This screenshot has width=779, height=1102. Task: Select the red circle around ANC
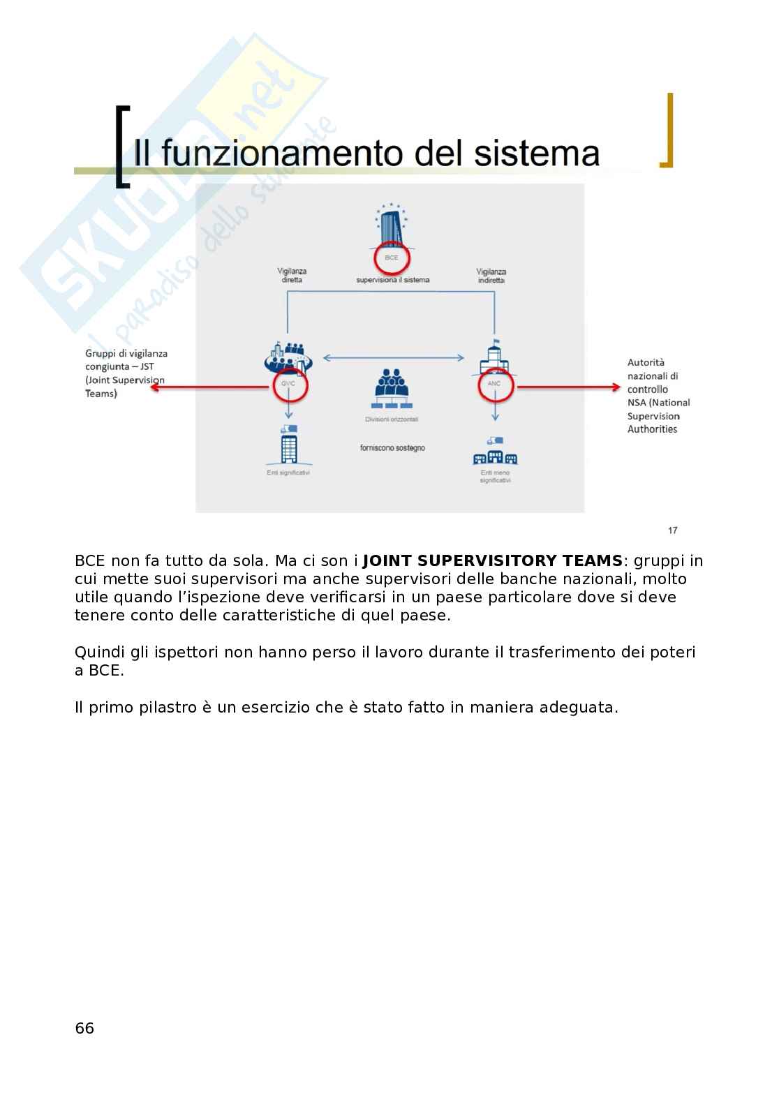(494, 383)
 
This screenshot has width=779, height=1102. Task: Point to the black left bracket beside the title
(123, 147)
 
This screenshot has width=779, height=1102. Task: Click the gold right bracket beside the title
(667, 131)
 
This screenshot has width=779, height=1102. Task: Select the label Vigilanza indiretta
(491, 276)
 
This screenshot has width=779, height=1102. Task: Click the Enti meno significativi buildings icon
(495, 452)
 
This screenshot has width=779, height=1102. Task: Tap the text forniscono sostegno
(392, 447)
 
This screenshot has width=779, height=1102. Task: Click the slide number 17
(672, 530)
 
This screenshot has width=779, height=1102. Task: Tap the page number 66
(84, 1028)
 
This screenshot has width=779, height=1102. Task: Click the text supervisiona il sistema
(392, 280)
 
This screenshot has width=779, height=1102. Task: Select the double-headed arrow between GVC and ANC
(392, 358)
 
